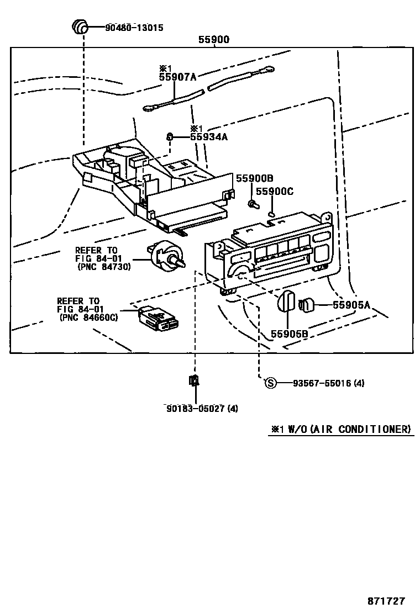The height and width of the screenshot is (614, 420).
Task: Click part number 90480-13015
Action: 134,27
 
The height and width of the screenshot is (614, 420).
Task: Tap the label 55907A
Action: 178,78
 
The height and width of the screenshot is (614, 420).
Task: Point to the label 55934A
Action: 208,137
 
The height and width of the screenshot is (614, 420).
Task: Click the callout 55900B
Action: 255,178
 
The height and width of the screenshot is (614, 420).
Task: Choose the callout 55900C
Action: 274,192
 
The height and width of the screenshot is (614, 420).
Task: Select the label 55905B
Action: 289,334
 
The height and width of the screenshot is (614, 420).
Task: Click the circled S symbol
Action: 270,383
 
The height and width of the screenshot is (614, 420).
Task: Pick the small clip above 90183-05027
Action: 195,380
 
